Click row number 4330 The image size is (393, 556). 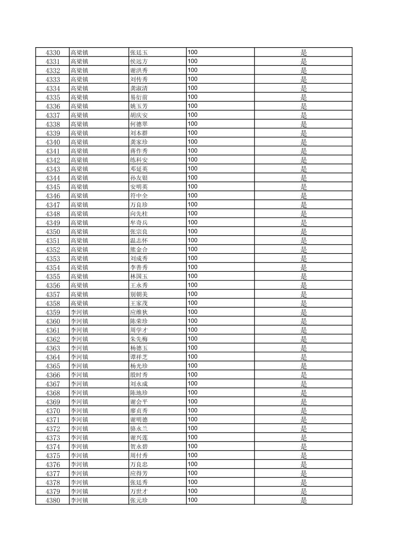click(x=53, y=53)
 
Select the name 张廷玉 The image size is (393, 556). click(x=139, y=53)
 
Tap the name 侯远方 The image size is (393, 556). click(x=139, y=61)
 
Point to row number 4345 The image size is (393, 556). click(x=53, y=187)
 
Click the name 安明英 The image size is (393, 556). click(x=139, y=187)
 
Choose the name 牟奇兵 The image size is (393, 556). click(x=139, y=223)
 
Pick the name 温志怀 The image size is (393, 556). click(x=139, y=241)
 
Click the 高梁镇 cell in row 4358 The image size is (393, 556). click(x=79, y=303)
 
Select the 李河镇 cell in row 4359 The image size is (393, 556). click(x=79, y=312)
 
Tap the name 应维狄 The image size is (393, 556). click(x=139, y=312)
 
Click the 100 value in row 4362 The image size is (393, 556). click(x=192, y=339)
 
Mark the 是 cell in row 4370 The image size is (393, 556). click(x=304, y=411)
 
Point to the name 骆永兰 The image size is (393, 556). click(x=139, y=429)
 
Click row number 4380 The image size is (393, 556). click(x=53, y=500)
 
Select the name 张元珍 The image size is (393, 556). click(x=139, y=500)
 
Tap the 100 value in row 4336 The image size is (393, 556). click(x=192, y=106)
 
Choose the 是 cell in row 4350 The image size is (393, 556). click(x=304, y=232)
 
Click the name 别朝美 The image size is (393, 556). click(x=139, y=294)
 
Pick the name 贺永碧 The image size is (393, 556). click(x=139, y=447)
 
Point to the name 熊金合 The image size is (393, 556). click(x=139, y=249)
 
